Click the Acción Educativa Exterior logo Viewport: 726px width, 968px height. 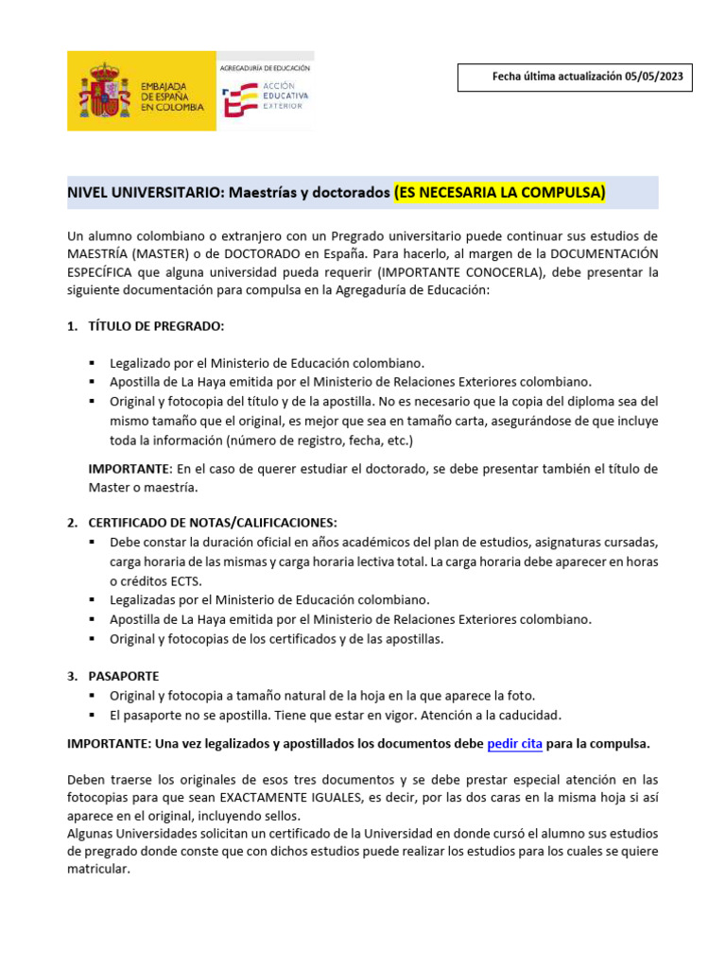264,98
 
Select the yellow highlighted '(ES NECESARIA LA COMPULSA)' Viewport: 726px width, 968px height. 499,193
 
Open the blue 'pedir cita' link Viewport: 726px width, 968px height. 514,744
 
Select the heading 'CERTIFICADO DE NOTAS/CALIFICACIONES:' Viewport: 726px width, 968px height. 212,523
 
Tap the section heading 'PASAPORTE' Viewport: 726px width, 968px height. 123,676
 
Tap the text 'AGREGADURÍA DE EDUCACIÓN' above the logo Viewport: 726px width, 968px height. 264,68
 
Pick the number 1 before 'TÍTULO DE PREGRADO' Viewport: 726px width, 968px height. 71,326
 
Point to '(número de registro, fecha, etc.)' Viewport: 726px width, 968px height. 320,441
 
